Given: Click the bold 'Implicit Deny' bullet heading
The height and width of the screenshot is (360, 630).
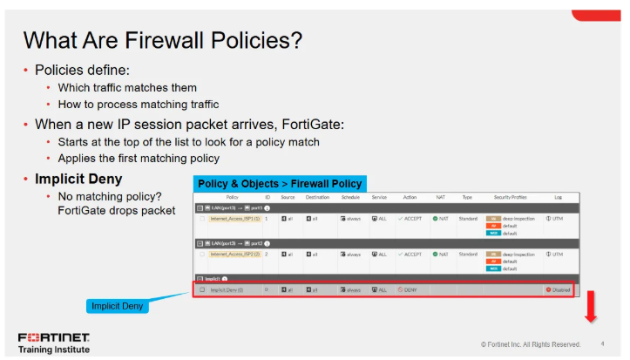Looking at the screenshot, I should click(x=78, y=179).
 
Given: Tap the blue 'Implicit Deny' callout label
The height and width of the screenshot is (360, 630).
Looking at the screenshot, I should click(x=118, y=306).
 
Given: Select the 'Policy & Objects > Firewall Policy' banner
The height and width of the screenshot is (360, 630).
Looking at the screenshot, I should click(x=280, y=184).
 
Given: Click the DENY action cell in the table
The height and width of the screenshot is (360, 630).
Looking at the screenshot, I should click(x=409, y=289).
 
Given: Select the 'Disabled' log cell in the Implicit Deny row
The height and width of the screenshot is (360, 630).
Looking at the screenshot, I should click(x=558, y=289).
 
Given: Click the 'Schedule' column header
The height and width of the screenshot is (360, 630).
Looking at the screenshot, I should click(x=349, y=197).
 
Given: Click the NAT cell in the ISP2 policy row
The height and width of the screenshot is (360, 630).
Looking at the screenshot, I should click(x=440, y=255).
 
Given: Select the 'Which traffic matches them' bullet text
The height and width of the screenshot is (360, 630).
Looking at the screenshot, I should click(x=127, y=87).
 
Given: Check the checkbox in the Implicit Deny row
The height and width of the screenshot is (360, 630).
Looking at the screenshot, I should click(x=202, y=289).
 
